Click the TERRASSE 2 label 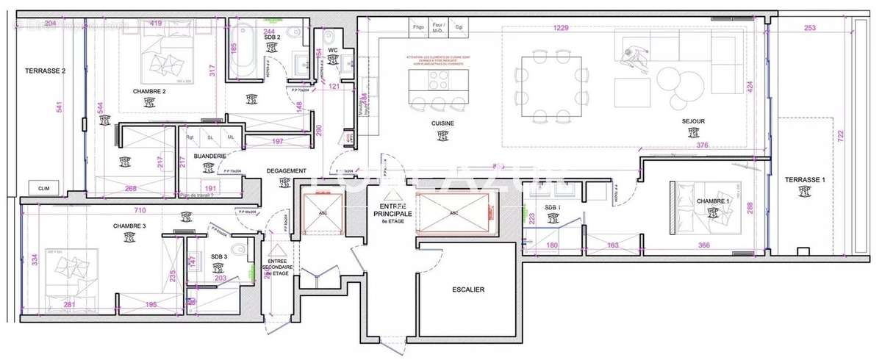pos(46,71)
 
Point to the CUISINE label pos(442,123)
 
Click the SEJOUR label pos(693,123)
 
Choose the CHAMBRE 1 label pos(712,201)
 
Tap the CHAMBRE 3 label pos(129,226)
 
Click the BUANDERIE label pos(209,156)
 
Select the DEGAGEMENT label pos(286,171)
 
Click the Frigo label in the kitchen pos(418,27)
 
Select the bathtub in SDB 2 pos(242,48)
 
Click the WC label pos(332,51)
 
